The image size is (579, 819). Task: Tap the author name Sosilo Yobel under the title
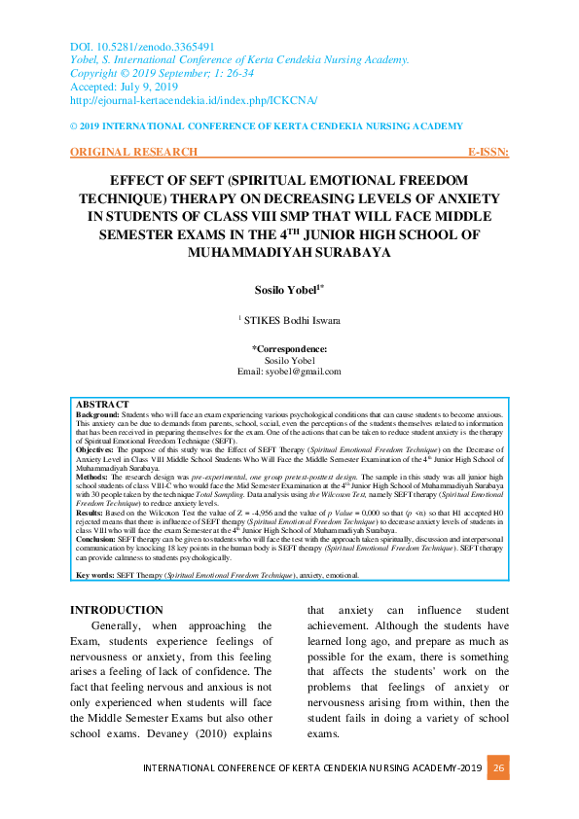tap(288, 290)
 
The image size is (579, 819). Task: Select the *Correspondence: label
tap(289, 348)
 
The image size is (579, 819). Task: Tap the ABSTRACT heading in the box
tap(102, 404)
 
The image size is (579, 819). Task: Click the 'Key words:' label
tap(95, 575)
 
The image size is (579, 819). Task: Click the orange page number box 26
tap(498, 767)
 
